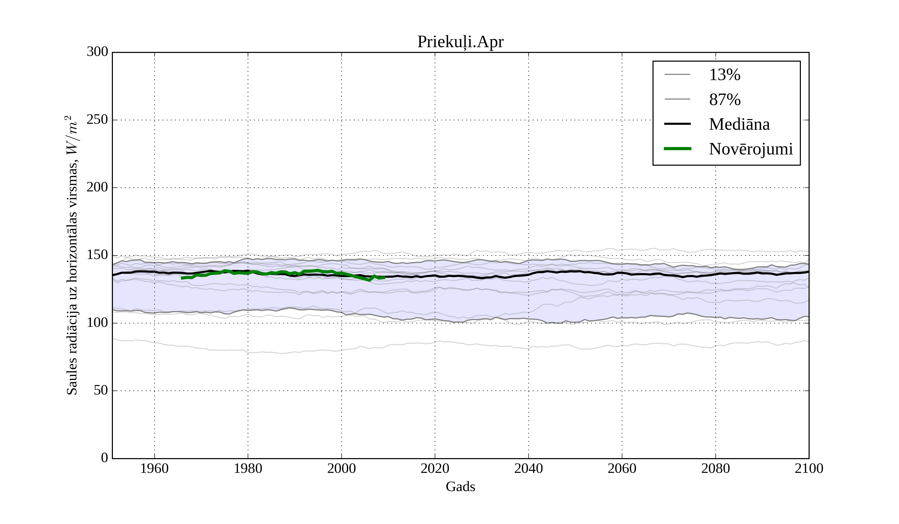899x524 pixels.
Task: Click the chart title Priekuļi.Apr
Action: (x=460, y=42)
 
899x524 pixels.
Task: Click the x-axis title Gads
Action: (x=460, y=487)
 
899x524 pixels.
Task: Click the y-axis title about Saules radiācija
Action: (x=72, y=255)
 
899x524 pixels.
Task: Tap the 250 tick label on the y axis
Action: (x=97, y=120)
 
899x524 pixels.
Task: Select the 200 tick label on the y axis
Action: (x=97, y=187)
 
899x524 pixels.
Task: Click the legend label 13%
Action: (x=724, y=75)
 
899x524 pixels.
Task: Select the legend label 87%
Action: (x=724, y=100)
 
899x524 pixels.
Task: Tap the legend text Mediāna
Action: (x=739, y=125)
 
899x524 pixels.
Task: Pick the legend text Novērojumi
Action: (x=751, y=149)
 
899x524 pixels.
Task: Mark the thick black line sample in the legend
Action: (x=677, y=124)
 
